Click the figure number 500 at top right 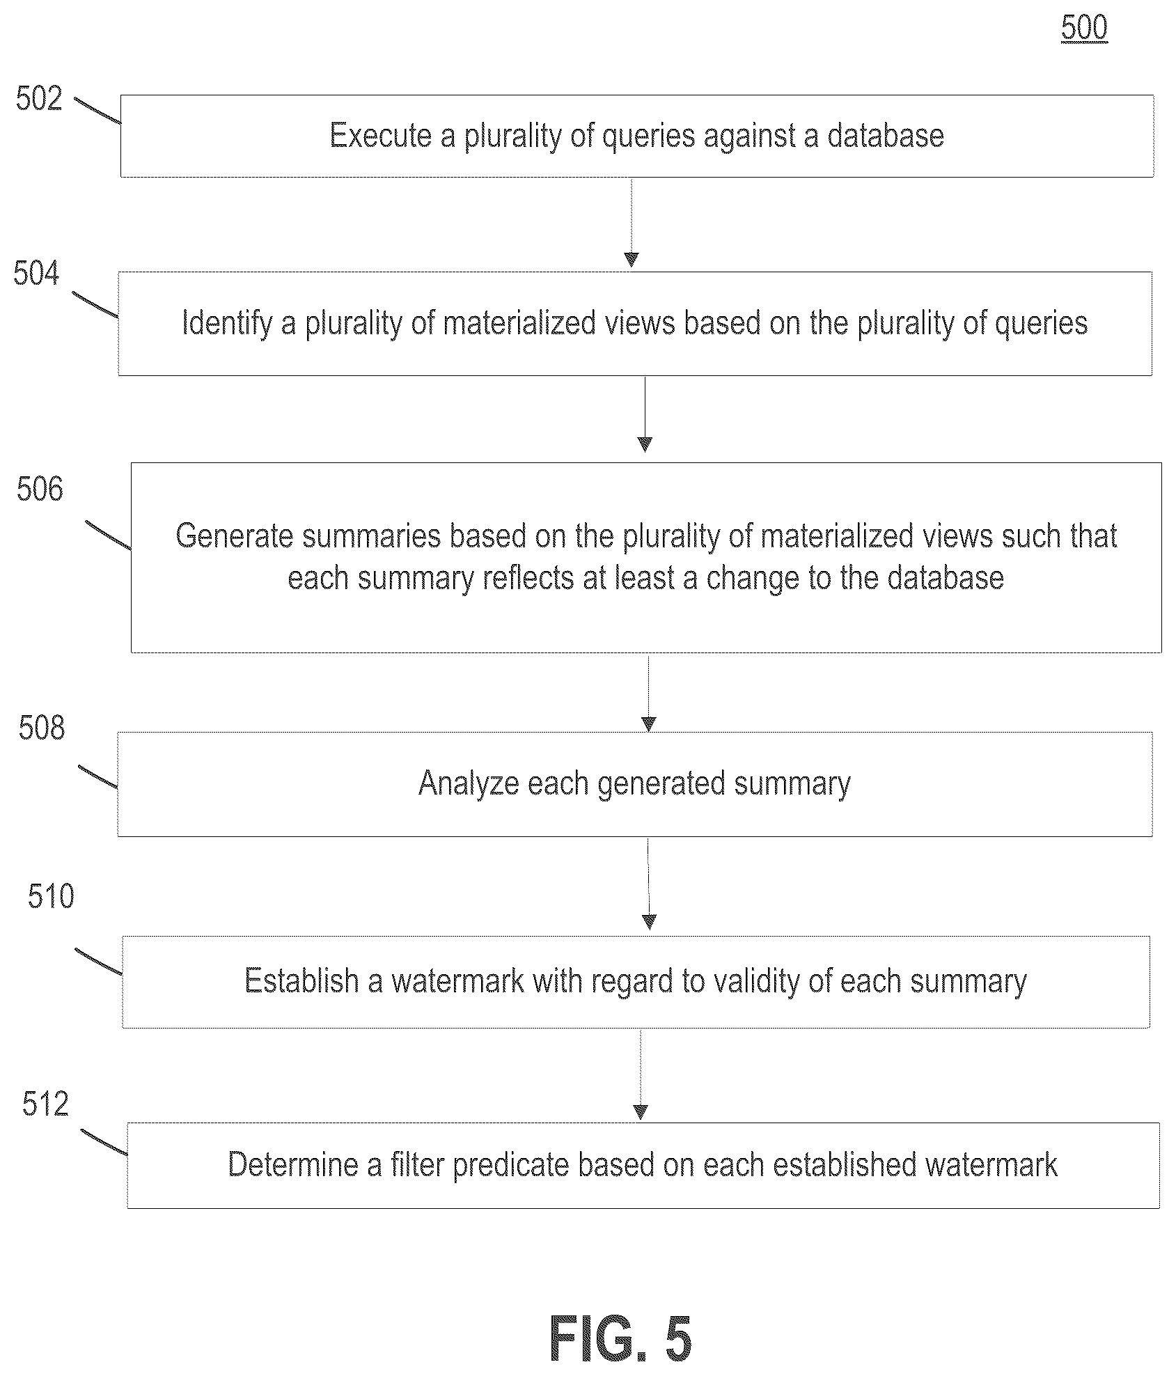pyautogui.click(x=1084, y=28)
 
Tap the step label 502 pyautogui.click(x=39, y=99)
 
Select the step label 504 pyautogui.click(x=36, y=274)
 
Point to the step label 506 pyautogui.click(x=40, y=489)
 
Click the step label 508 pyautogui.click(x=42, y=728)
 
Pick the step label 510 pyautogui.click(x=51, y=896)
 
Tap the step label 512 pyautogui.click(x=45, y=1104)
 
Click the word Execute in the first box pyautogui.click(x=380, y=135)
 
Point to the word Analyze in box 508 pyautogui.click(x=468, y=784)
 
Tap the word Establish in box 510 pyautogui.click(x=301, y=980)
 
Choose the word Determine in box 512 pyautogui.click(x=293, y=1164)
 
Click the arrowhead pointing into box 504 pyautogui.click(x=632, y=260)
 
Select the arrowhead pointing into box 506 pyautogui.click(x=645, y=444)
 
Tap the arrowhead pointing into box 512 pyautogui.click(x=641, y=1112)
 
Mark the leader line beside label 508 pyautogui.click(x=97, y=777)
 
